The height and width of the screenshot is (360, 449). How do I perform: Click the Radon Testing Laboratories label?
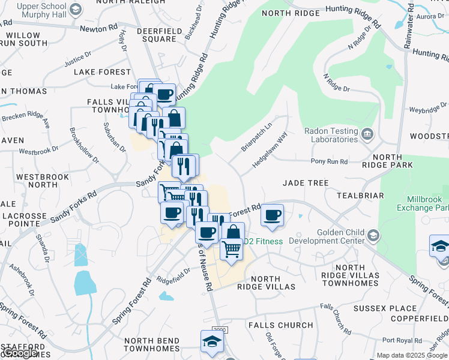click(331, 135)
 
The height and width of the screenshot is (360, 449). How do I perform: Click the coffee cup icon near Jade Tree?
click(273, 214)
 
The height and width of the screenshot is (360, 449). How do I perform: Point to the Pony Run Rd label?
click(329, 161)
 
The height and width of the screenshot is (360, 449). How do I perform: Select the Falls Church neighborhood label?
click(280, 325)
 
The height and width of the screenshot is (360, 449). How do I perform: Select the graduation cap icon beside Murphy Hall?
click(76, 9)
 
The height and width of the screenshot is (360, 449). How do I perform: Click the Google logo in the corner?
click(21, 353)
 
